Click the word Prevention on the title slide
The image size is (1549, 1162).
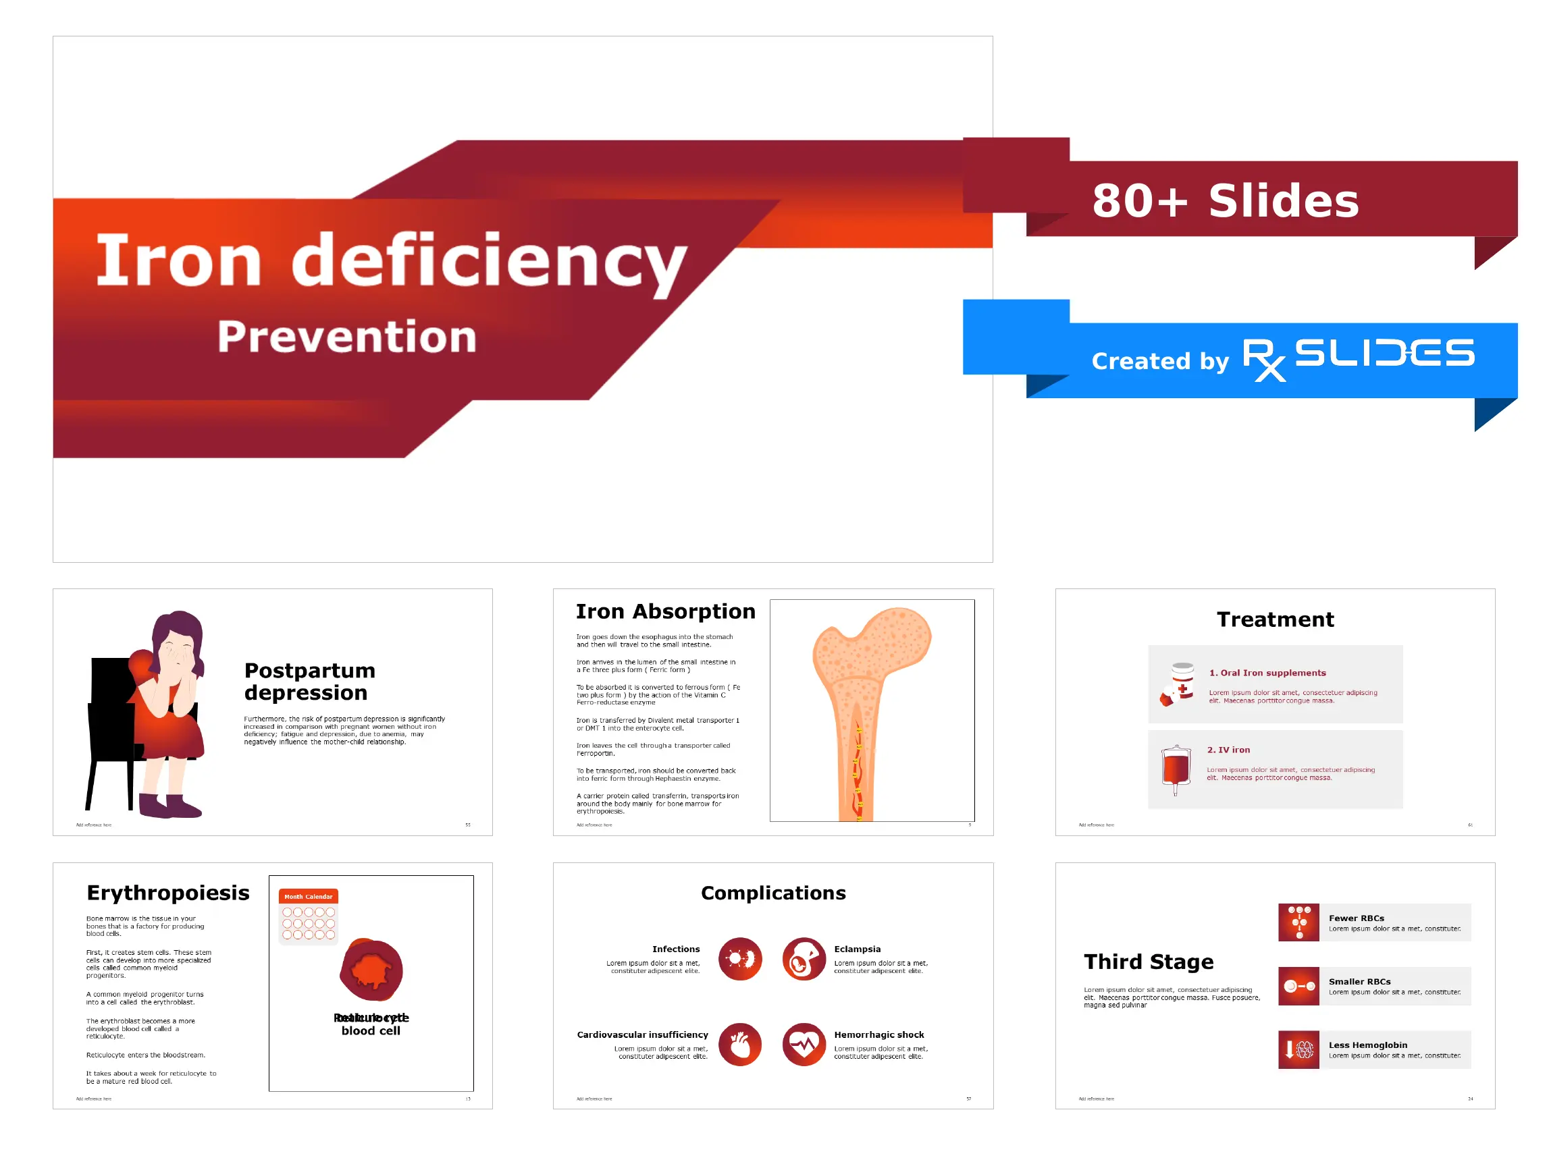pos(346,337)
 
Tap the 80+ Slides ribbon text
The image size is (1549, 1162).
pos(1225,201)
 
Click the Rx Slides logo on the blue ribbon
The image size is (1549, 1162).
pos(1358,358)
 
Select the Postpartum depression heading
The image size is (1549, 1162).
pos(309,681)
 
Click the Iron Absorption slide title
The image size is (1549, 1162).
pos(665,612)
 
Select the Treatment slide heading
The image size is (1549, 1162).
pos(1274,619)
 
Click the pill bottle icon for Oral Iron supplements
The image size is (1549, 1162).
pos(1180,683)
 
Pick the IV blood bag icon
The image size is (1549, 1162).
pos(1176,769)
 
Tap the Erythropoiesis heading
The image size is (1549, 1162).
pos(168,893)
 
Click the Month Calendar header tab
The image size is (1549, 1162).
pos(308,897)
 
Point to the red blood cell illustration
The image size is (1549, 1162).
pos(372,970)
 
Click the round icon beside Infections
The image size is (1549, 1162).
pos(739,959)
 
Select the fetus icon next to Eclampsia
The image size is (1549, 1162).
pos(804,959)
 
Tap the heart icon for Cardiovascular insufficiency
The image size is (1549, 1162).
pos(739,1045)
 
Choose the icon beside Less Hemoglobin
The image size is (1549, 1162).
pos(1298,1049)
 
